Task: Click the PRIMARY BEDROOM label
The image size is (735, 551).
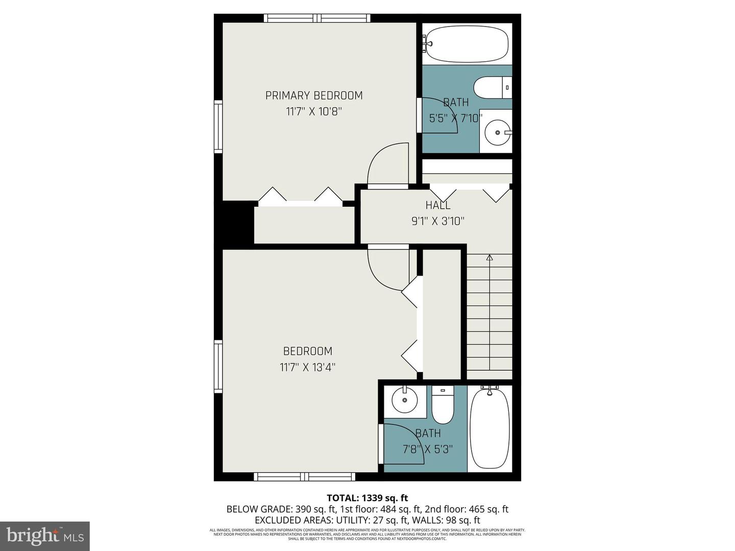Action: (x=314, y=95)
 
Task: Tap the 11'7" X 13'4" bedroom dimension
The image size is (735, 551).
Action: (x=307, y=367)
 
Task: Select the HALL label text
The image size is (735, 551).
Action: (x=438, y=205)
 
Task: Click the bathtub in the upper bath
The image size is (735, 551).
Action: (x=467, y=44)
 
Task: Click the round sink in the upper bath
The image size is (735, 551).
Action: (x=496, y=132)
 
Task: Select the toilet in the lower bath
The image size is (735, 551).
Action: (x=443, y=405)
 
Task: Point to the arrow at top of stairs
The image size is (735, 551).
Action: (x=489, y=258)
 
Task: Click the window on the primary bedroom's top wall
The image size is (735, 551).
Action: (x=317, y=18)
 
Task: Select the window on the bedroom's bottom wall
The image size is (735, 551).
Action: (x=305, y=477)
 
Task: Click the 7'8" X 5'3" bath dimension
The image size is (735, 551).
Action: (x=428, y=449)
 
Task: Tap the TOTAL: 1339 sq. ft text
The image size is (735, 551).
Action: (x=367, y=498)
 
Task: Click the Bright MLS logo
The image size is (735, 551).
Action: (x=45, y=536)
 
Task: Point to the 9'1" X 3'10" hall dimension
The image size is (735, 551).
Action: (x=438, y=221)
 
